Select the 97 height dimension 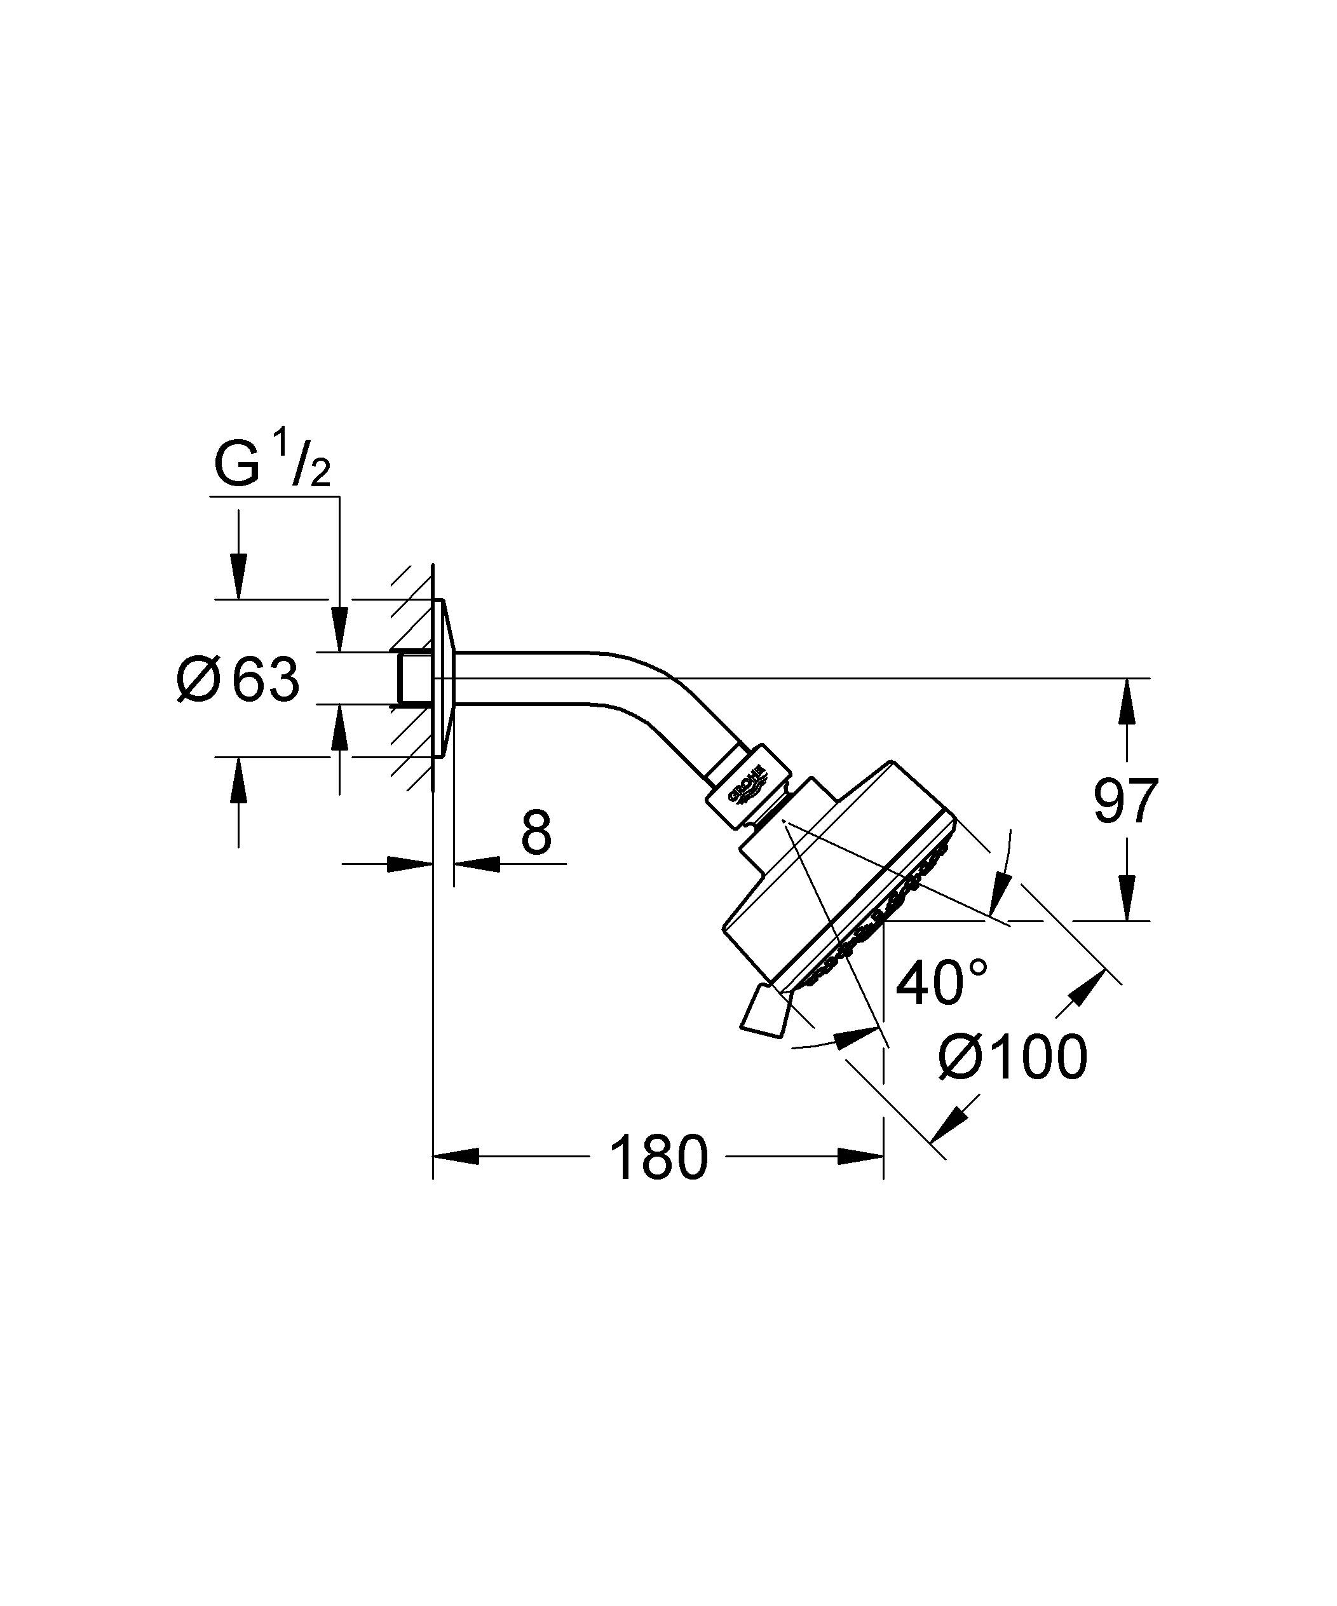click(x=1125, y=801)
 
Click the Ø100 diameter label click(x=1012, y=1058)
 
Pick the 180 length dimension click(x=658, y=1157)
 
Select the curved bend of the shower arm click(x=665, y=684)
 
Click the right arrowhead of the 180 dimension click(x=860, y=1156)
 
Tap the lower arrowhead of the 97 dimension click(x=1126, y=898)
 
